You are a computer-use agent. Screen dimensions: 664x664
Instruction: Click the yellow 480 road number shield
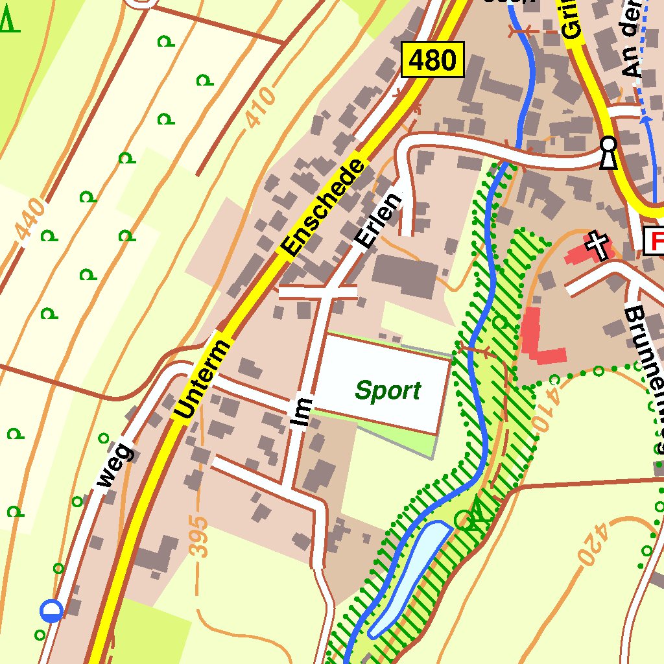coord(433,60)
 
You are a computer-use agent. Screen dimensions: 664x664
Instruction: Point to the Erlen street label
coord(378,221)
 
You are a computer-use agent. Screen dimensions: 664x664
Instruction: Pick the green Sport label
coord(388,391)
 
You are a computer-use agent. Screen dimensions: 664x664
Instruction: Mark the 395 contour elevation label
coord(201,536)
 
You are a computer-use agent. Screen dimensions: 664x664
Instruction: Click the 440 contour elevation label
coord(32,219)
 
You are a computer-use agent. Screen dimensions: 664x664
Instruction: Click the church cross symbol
coord(598,245)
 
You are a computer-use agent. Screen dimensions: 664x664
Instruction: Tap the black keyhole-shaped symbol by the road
coord(608,152)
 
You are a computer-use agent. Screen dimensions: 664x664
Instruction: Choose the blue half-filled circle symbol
coord(51,610)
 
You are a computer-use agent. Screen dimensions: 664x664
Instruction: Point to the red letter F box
coord(654,242)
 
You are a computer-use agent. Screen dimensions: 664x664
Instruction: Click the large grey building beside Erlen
coord(405,276)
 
